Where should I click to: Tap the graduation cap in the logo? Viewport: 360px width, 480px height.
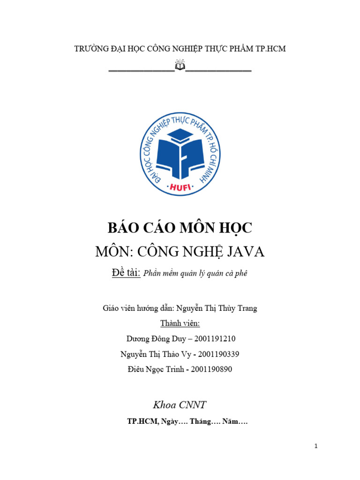tap(180, 136)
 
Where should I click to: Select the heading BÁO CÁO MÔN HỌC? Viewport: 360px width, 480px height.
tap(180, 228)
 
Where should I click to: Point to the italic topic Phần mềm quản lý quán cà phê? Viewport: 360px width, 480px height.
tap(195, 274)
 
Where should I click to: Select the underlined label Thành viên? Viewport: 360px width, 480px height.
tap(180, 323)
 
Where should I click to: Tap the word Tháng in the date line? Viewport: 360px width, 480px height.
tap(199, 422)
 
